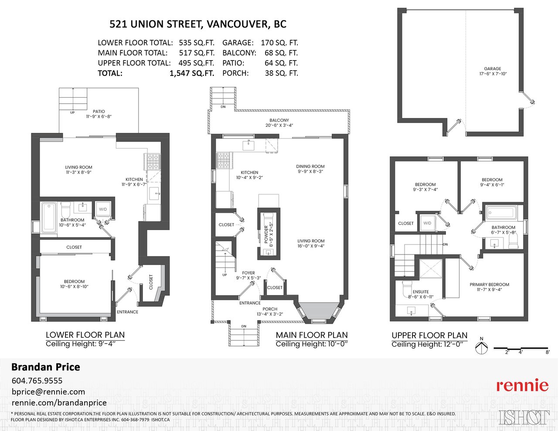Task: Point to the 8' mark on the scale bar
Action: click(548, 352)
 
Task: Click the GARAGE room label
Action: click(493, 68)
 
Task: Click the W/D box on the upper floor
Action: click(427, 223)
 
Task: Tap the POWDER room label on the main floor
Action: click(266, 234)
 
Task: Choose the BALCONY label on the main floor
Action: click(279, 120)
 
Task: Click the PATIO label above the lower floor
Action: click(99, 112)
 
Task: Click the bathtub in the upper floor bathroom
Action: click(501, 213)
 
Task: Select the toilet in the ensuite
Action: click(407, 288)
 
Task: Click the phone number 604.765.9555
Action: click(37, 380)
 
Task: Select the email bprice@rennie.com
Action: click(48, 392)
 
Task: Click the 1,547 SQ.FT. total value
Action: click(192, 73)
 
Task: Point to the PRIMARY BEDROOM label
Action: click(490, 285)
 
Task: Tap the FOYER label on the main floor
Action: click(248, 273)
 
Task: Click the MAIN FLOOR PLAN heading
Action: click(312, 335)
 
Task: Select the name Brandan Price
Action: click(46, 367)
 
